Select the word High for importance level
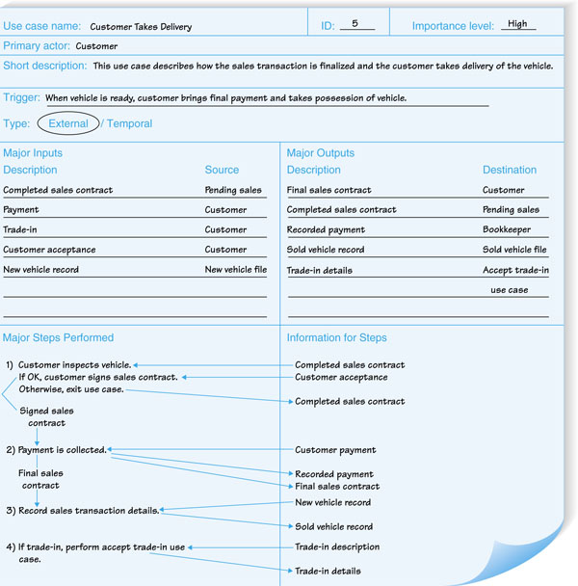[x=517, y=24]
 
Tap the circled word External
[x=67, y=123]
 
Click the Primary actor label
[x=37, y=46]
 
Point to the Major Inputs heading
[x=33, y=153]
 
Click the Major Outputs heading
[x=321, y=153]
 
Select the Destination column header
[x=510, y=171]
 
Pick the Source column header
[x=222, y=171]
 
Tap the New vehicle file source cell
[x=235, y=270]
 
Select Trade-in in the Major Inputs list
[x=20, y=230]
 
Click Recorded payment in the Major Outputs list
[x=326, y=230]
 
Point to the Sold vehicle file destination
[x=514, y=251]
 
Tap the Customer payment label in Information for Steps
[x=335, y=450]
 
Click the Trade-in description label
[x=337, y=547]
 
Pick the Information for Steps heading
[x=338, y=338]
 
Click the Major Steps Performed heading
[x=58, y=338]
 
